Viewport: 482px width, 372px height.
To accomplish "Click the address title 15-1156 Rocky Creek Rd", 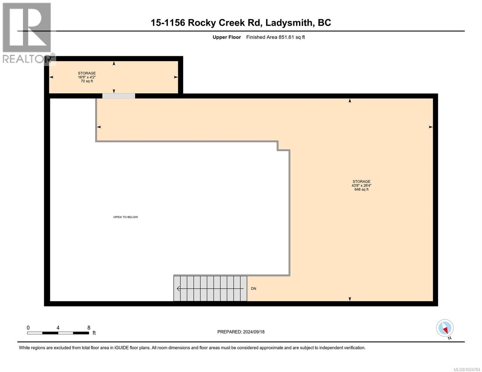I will pyautogui.click(x=241, y=23).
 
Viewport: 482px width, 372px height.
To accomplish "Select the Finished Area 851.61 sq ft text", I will pyautogui.click(x=275, y=37).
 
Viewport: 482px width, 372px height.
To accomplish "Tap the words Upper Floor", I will pyautogui.click(x=227, y=37).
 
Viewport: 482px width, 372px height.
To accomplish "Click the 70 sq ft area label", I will pyautogui.click(x=87, y=81).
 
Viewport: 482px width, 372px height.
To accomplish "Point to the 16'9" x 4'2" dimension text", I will pyautogui.click(x=87, y=77).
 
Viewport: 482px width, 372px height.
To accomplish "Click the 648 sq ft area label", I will pyautogui.click(x=361, y=189).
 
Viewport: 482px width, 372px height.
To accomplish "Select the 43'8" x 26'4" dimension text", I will pyautogui.click(x=361, y=185).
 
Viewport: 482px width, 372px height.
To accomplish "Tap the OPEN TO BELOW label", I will pyautogui.click(x=125, y=217).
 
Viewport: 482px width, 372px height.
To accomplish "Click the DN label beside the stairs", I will pyautogui.click(x=254, y=289).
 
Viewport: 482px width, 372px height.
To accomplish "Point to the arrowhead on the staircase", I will pyautogui.click(x=178, y=289).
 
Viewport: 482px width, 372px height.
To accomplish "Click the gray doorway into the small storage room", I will pyautogui.click(x=119, y=96).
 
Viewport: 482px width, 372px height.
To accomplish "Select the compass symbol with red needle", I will pyautogui.click(x=445, y=328).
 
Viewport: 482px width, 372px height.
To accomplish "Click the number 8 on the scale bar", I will pyautogui.click(x=89, y=328).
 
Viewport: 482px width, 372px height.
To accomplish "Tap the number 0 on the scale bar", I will pyautogui.click(x=28, y=328).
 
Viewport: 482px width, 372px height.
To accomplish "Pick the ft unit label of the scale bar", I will pyautogui.click(x=94, y=333).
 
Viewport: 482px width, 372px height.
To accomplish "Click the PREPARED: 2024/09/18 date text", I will pyautogui.click(x=241, y=332).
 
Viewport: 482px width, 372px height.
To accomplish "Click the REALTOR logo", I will pyautogui.click(x=27, y=33).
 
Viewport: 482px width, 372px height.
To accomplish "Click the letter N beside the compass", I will pyautogui.click(x=449, y=338).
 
